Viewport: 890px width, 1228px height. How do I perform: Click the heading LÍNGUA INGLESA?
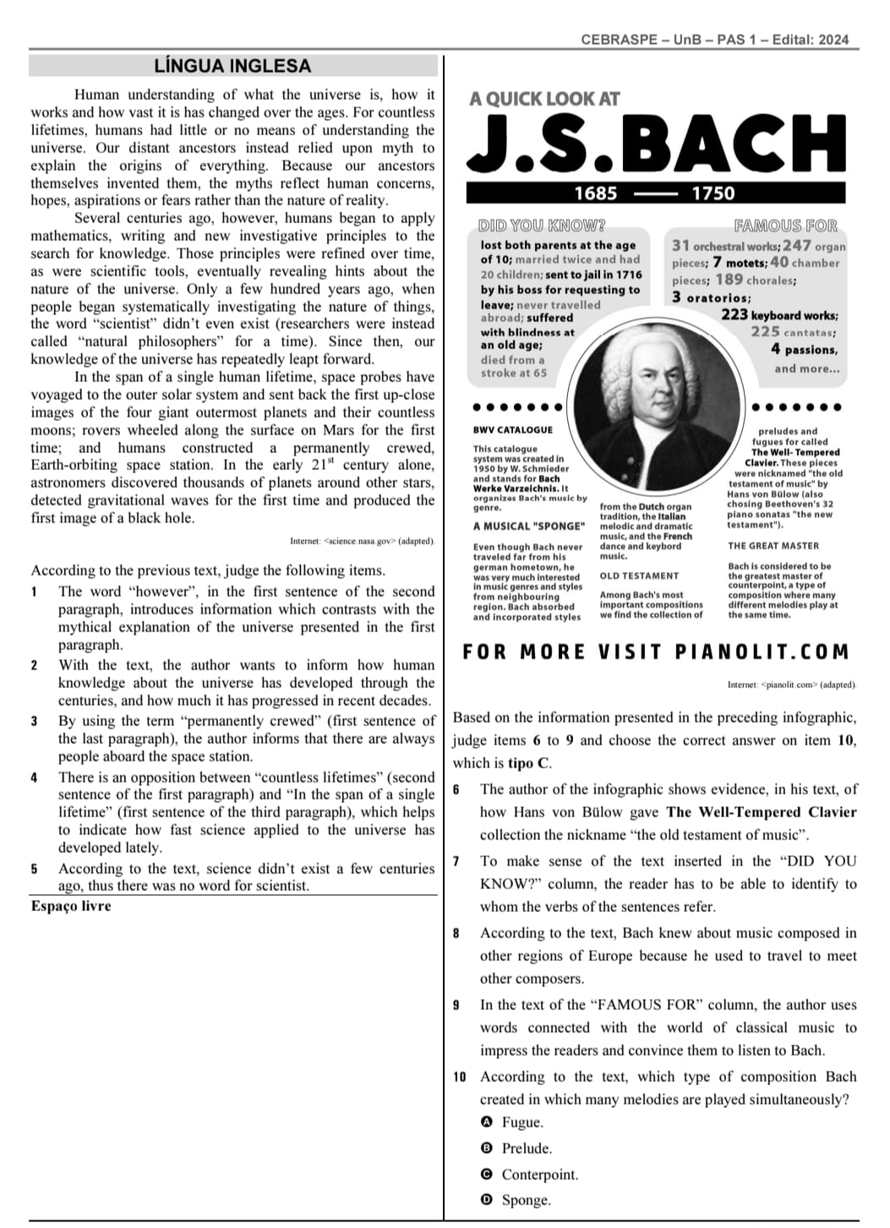tap(232, 66)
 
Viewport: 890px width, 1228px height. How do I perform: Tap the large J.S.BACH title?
tap(658, 144)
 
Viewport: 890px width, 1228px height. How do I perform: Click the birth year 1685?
tap(595, 194)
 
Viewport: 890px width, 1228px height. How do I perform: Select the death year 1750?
tap(713, 194)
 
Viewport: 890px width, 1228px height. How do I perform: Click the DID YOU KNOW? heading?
tap(542, 226)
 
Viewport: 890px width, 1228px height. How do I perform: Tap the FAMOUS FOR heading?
tap(785, 226)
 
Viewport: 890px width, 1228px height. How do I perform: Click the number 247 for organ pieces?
tap(796, 246)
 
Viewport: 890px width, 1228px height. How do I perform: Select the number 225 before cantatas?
tap(765, 331)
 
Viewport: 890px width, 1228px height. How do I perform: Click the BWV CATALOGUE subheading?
tap(513, 430)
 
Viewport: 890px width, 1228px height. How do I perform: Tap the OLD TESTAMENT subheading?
tap(639, 576)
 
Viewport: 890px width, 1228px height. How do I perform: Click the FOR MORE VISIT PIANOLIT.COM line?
tap(655, 652)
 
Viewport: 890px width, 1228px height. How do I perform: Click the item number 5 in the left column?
tap(35, 869)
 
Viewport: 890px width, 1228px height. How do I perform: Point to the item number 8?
tap(456, 934)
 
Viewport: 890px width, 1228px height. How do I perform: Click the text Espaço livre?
tap(71, 906)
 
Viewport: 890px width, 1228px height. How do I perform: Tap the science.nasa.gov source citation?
tap(362, 541)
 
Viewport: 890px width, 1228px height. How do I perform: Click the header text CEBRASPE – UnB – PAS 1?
tap(668, 40)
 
